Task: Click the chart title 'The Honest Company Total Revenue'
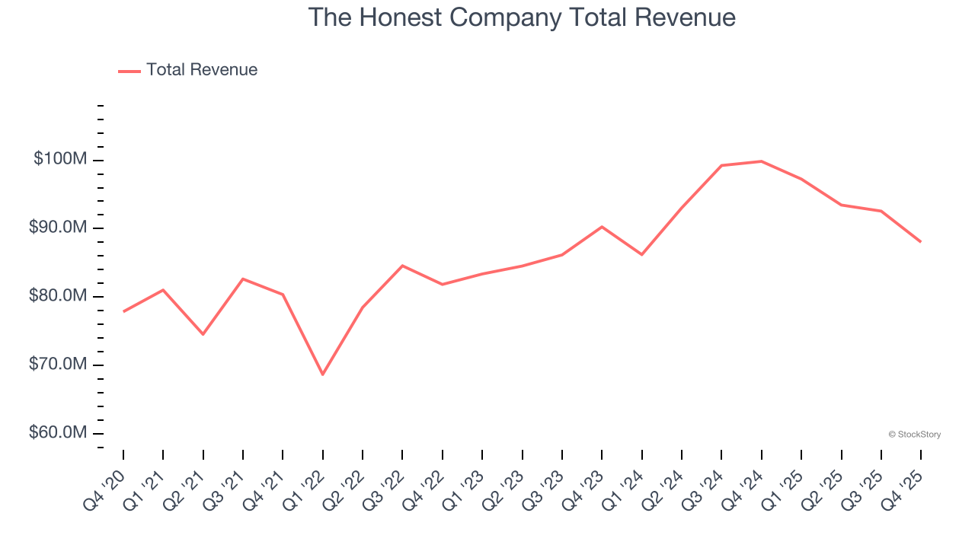click(522, 18)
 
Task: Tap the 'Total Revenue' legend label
click(202, 70)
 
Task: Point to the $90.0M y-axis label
click(59, 228)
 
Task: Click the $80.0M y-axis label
click(59, 296)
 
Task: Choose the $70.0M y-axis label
click(59, 365)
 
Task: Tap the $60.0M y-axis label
click(59, 433)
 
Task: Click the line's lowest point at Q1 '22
click(322, 374)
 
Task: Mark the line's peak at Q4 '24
click(761, 161)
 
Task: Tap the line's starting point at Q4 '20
click(123, 311)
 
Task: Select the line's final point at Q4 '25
click(920, 241)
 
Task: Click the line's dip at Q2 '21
click(203, 334)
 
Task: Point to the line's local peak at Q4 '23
click(602, 227)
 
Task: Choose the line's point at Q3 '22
click(402, 266)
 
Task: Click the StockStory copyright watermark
click(914, 435)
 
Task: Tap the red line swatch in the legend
click(129, 71)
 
